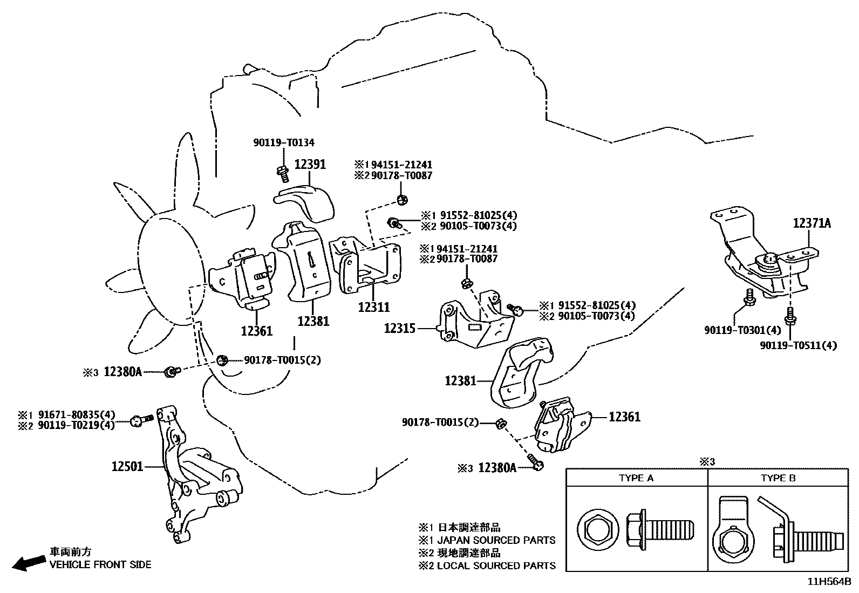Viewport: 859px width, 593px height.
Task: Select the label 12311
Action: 373,306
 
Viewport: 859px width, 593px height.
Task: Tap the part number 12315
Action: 399,328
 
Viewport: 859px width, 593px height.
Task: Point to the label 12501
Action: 127,466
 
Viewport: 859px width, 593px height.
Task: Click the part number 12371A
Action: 812,223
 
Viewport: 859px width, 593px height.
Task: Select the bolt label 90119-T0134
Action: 284,142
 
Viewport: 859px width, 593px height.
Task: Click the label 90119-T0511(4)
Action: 798,345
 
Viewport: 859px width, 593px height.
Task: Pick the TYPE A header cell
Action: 636,478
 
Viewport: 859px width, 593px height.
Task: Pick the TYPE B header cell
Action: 778,478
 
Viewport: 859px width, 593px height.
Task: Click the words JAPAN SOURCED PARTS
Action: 496,540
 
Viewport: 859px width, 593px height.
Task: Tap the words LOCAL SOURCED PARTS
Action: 496,565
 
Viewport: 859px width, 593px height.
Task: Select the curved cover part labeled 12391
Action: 305,201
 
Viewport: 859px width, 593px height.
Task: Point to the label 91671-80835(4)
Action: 77,415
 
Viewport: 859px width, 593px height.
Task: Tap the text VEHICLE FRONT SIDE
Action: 100,564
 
